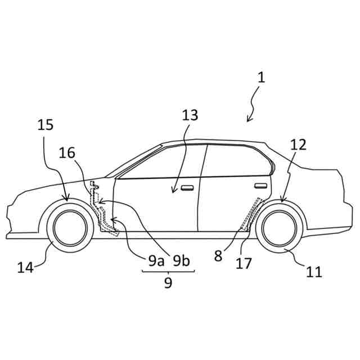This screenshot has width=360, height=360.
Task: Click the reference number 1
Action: [261, 77]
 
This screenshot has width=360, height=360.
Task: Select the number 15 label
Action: [46, 125]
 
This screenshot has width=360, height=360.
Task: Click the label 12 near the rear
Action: [298, 145]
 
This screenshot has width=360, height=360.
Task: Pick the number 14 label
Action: [25, 267]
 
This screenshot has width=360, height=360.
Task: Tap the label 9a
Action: [156, 260]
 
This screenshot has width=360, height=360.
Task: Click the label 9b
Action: [181, 260]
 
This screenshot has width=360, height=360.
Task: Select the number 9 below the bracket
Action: [168, 283]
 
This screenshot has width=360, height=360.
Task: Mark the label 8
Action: [218, 256]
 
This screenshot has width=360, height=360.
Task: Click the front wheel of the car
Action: [70, 228]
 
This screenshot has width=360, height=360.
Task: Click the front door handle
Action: [187, 188]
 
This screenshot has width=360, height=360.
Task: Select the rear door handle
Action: [260, 185]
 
